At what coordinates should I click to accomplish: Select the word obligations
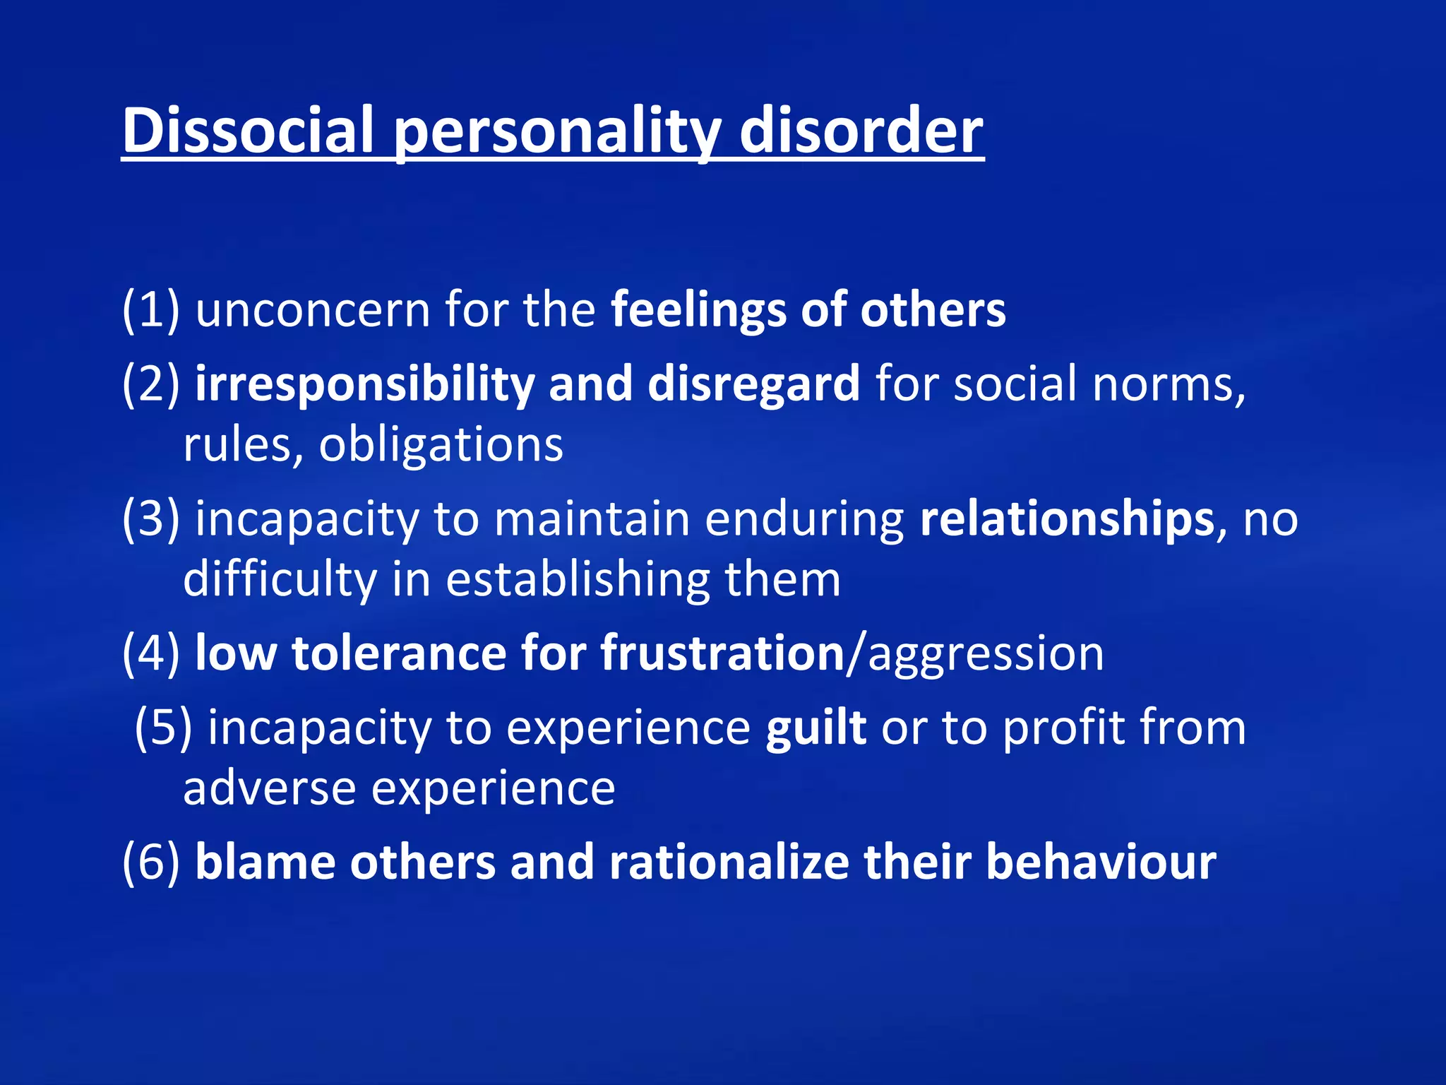(x=441, y=445)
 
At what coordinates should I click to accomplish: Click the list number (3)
(x=150, y=518)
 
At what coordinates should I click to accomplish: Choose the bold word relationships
(x=1067, y=518)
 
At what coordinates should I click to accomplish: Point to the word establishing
(x=578, y=579)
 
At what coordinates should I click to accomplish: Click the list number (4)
(x=150, y=653)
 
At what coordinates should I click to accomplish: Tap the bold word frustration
(x=722, y=653)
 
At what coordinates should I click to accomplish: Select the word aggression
(x=986, y=653)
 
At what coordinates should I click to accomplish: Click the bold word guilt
(x=816, y=727)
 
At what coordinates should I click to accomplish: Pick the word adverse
(x=269, y=788)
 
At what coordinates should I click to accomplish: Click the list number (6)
(x=150, y=862)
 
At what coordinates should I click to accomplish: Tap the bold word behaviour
(x=1101, y=862)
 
